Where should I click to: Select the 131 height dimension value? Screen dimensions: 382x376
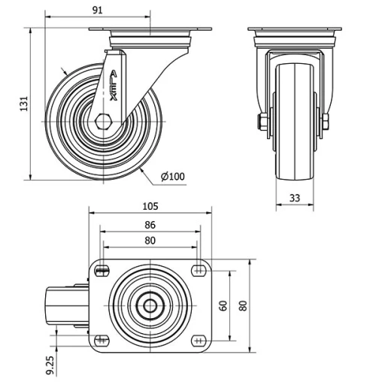23,103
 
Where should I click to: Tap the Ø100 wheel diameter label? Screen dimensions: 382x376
172,177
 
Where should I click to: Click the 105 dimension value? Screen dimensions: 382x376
150,206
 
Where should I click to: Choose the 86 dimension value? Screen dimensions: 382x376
150,224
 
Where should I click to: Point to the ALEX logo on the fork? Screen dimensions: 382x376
114,85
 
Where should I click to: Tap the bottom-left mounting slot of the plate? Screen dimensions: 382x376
102,340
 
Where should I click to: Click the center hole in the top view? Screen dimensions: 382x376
150,305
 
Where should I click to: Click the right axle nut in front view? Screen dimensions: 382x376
329,122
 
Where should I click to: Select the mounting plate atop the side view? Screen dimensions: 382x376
150,31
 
